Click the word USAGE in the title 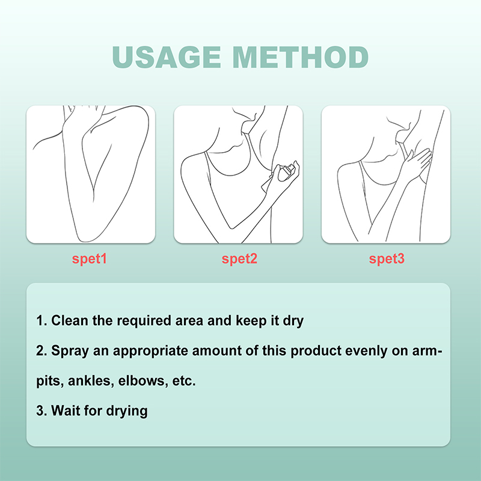(167, 57)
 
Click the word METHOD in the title (301, 57)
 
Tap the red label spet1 (89, 259)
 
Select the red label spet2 (239, 259)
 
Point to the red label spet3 (387, 259)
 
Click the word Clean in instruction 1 (70, 320)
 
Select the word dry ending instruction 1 (293, 321)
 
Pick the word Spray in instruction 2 (70, 351)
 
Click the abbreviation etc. (184, 381)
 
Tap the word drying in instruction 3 (127, 411)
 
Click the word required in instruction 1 (144, 321)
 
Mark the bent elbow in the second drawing (232, 227)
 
